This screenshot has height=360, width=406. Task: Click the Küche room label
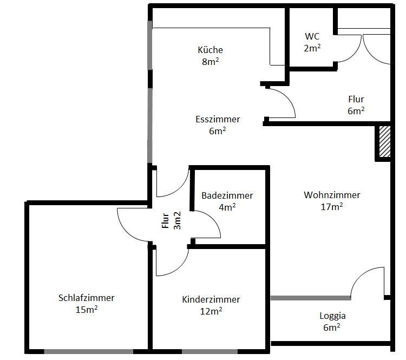tap(210, 50)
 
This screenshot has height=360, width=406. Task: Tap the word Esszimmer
tap(218, 119)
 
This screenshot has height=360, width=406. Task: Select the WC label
tap(312, 36)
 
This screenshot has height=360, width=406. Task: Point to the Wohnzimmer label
tap(332, 195)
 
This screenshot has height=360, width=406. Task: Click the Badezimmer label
tap(227, 195)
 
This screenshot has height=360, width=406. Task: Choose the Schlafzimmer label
tap(87, 298)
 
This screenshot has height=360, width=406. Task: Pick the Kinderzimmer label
tap(211, 299)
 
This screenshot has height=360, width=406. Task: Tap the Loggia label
tap(332, 316)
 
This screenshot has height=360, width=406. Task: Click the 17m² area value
tap(332, 207)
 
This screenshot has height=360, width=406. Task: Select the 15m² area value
tap(87, 310)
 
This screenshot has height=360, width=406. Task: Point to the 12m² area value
tap(211, 311)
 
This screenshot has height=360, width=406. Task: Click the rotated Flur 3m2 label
tap(171, 221)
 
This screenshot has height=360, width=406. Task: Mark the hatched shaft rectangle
tap(385, 141)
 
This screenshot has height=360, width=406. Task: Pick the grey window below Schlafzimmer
tap(89, 351)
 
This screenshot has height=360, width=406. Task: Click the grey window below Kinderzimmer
tap(209, 351)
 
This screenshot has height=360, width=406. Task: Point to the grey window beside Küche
tap(149, 45)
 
